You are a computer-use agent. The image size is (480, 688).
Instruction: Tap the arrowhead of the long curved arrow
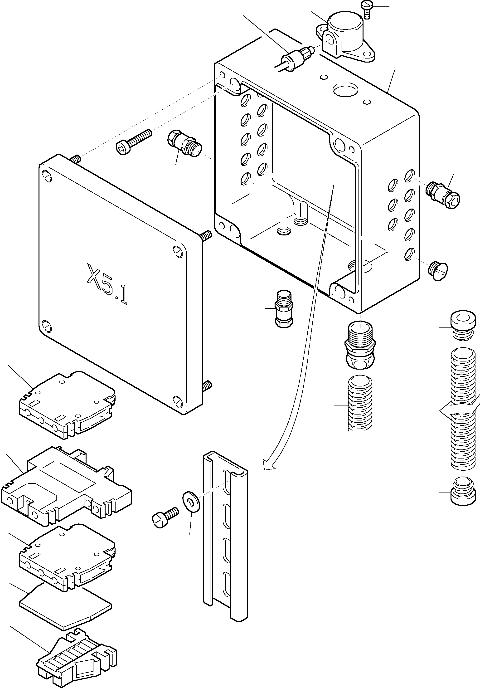click(267, 473)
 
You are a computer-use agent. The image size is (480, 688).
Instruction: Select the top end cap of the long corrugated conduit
click(463, 325)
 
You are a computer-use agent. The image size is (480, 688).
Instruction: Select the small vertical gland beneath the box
click(284, 309)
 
